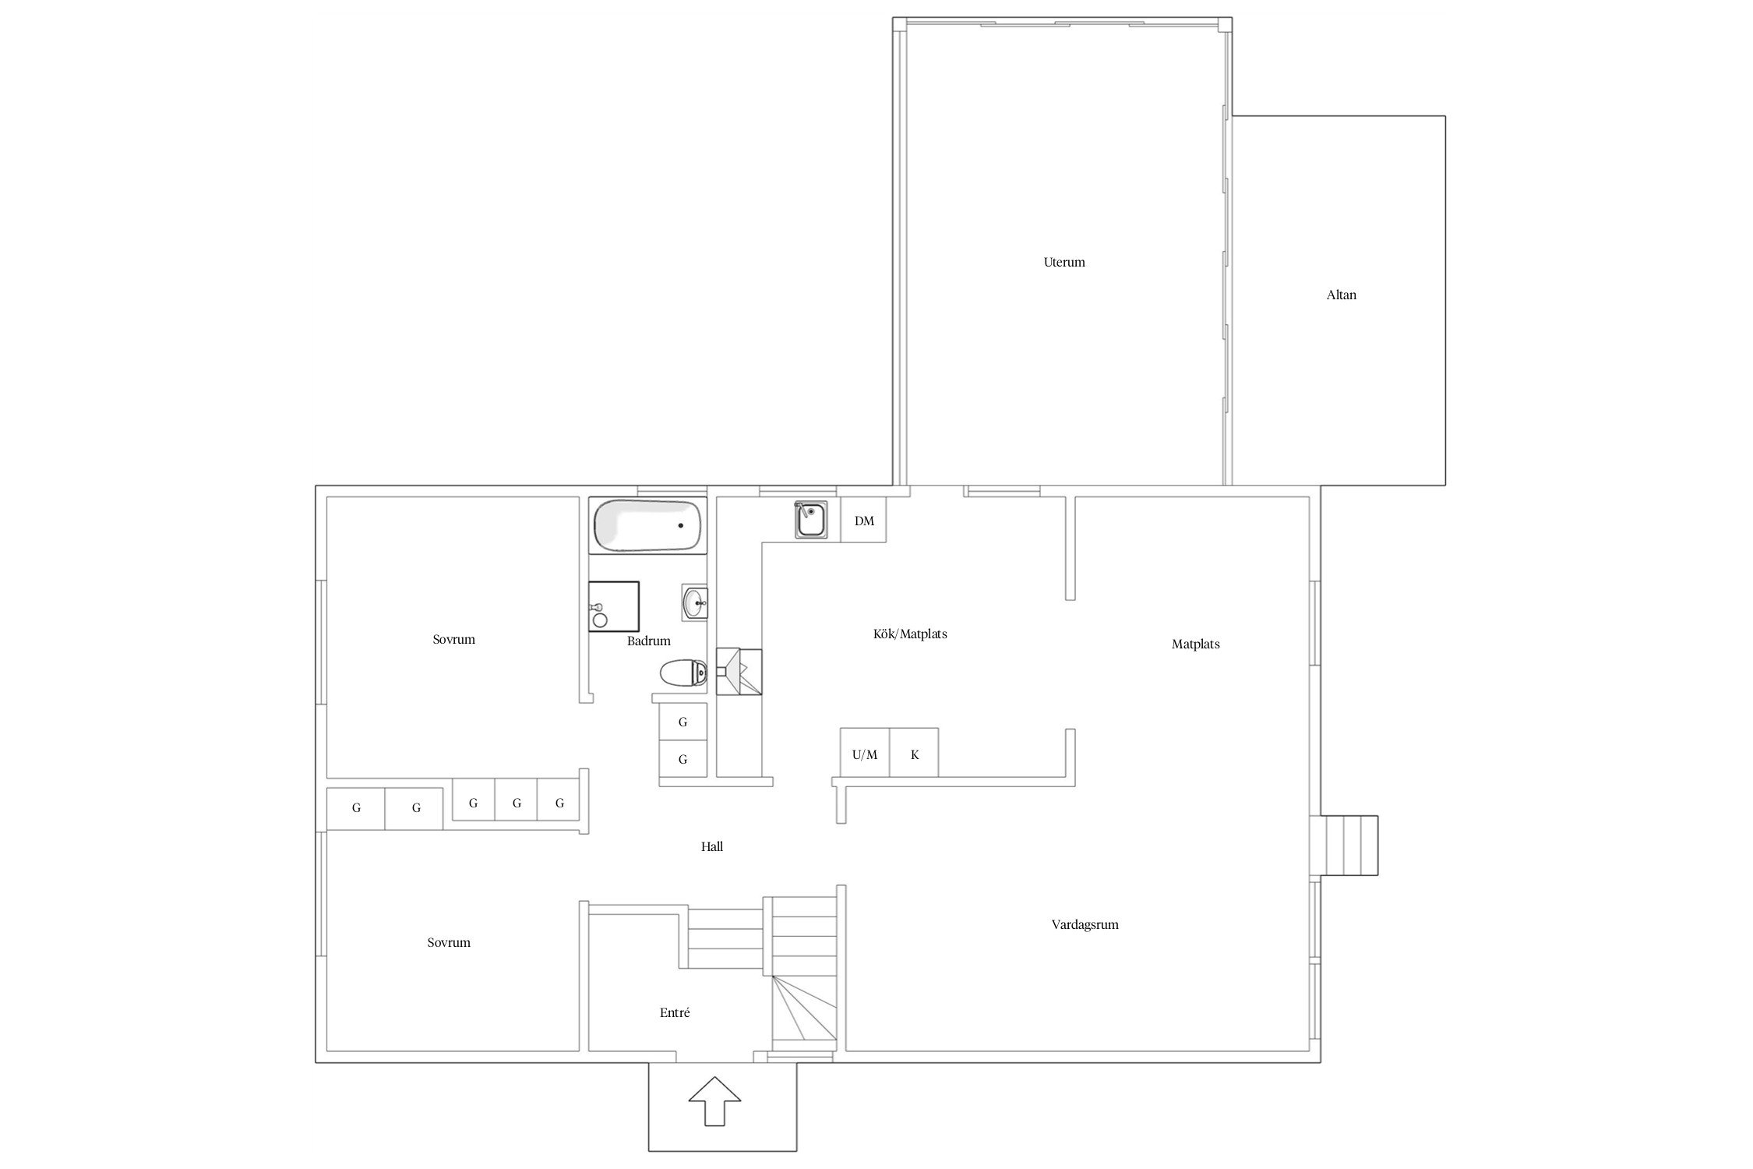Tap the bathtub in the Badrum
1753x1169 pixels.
[647, 526]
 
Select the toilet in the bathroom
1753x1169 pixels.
[682, 672]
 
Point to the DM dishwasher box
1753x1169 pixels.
[864, 521]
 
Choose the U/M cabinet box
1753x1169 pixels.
[865, 754]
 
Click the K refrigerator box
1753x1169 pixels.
[915, 754]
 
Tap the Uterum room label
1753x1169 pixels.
[1063, 262]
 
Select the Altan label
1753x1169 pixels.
[1341, 295]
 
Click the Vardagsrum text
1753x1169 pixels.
[1085, 924]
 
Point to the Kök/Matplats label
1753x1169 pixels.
[910, 634]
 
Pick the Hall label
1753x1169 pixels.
[711, 846]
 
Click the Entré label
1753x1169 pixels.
[675, 1012]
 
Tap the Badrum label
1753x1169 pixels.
[648, 641]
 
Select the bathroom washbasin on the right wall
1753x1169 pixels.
[694, 602]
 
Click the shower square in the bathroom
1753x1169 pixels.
[613, 606]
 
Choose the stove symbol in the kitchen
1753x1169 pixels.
[739, 671]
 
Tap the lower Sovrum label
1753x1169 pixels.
[449, 942]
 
